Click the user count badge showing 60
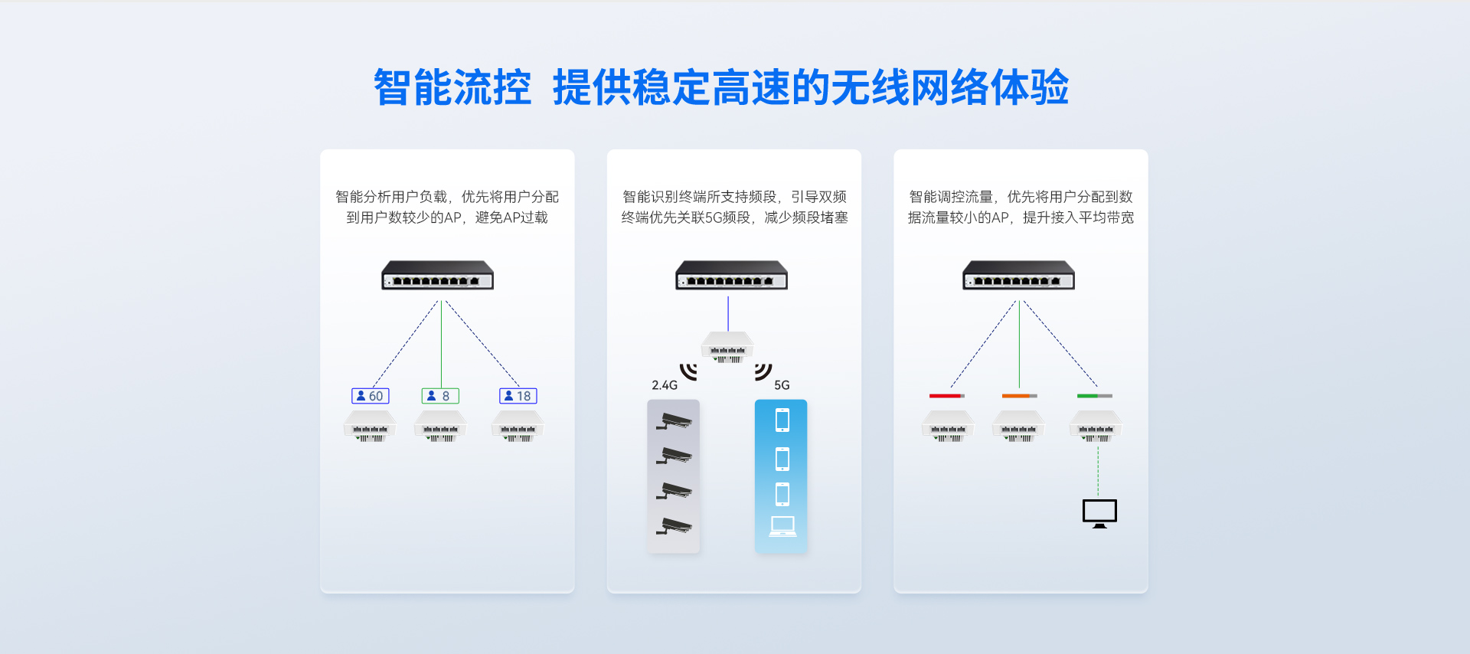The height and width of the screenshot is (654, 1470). coord(371,396)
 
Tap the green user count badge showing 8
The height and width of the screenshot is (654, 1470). coord(440,396)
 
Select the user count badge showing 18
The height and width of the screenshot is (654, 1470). coord(518,396)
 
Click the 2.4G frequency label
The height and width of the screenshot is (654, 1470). coord(665,385)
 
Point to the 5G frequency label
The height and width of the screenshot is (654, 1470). coord(782,385)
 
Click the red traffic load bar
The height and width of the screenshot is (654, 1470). coord(947,396)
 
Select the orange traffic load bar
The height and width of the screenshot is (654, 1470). coord(1019,396)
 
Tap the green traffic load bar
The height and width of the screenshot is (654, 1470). coord(1094,396)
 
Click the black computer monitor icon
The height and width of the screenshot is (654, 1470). coord(1099,513)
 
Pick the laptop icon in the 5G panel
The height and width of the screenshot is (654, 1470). coord(782,526)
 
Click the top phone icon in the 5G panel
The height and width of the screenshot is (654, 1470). coord(782,420)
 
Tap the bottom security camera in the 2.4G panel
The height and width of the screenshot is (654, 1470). coord(674,526)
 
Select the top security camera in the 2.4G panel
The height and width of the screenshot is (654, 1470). coord(674,420)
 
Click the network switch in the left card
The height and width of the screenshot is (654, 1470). coord(438,276)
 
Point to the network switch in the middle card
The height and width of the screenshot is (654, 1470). coord(731,276)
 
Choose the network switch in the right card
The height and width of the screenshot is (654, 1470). coord(1018,276)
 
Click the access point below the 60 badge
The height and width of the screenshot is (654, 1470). coord(371,427)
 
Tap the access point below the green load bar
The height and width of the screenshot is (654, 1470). coord(1096,427)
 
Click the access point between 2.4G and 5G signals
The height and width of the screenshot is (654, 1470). coord(727,347)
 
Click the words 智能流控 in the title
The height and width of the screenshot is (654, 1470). coord(452,87)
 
